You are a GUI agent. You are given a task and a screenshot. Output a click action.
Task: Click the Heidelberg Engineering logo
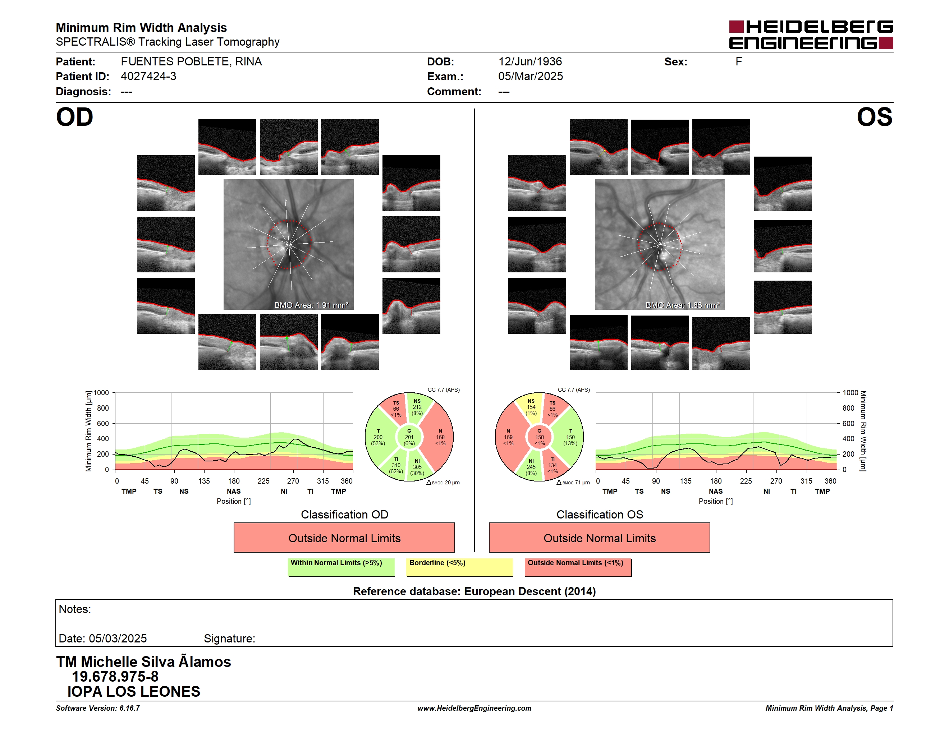pos(811,35)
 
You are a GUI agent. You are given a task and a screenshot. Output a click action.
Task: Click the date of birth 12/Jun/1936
pos(530,62)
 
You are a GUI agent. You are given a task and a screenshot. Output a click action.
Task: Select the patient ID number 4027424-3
pos(148,77)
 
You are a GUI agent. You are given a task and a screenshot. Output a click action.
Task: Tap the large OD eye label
pos(74,117)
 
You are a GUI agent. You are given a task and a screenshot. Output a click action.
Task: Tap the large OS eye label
pos(874,117)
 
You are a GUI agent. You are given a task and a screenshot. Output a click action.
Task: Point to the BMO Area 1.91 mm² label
pos(311,305)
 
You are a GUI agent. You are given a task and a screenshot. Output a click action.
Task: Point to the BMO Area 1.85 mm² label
pos(682,305)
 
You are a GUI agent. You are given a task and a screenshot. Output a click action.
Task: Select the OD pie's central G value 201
pos(409,437)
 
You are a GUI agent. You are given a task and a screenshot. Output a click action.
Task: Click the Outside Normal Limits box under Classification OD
pos(344,538)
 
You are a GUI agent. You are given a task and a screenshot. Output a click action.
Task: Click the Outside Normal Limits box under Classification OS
pos(599,538)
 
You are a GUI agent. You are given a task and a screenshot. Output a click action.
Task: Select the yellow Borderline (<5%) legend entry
pos(459,567)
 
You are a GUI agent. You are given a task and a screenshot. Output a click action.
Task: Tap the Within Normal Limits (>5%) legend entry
pos(341,567)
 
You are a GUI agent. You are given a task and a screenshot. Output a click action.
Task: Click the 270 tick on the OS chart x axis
pos(776,481)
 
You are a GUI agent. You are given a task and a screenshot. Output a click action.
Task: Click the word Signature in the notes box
pos(229,639)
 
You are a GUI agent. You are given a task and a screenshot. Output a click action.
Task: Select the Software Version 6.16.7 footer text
pos(98,708)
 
